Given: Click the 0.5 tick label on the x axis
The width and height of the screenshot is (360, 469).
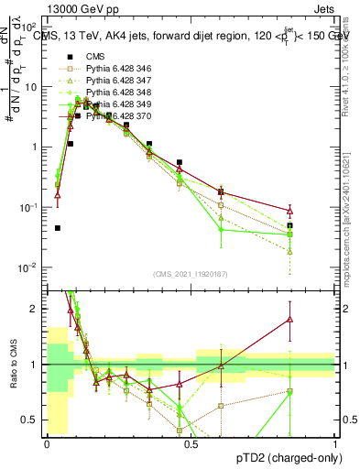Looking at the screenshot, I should [191, 442].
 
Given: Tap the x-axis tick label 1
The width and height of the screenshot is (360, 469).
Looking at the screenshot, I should [335, 442].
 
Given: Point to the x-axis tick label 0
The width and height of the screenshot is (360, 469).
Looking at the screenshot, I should [47, 442].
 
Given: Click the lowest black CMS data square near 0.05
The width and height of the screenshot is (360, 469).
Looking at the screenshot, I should [58, 228].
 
